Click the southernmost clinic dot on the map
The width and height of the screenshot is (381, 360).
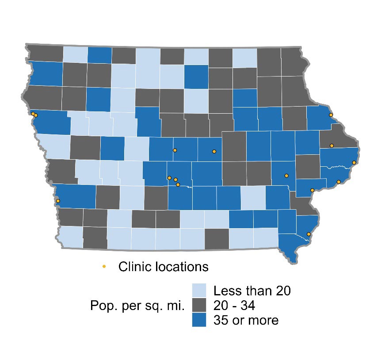tap(309, 234)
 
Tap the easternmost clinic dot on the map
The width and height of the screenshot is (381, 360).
tap(354, 163)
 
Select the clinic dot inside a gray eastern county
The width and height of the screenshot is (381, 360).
tap(331, 146)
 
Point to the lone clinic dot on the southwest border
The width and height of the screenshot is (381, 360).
tap(58, 201)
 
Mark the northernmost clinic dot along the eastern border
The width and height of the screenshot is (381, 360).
tap(331, 115)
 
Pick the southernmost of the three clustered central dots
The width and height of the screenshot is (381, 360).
tap(178, 184)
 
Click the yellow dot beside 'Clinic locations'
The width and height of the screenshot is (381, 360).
tap(104, 266)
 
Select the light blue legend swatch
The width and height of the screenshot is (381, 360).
tap(199, 290)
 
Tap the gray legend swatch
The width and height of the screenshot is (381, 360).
tap(199, 305)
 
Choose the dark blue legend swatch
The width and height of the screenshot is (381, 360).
tap(199, 319)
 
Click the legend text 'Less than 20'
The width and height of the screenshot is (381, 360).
tap(251, 291)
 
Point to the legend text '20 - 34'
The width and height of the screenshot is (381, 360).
tap(234, 305)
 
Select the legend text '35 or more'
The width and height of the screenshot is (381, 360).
tap(246, 320)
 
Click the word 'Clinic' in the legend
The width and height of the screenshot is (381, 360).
tap(135, 267)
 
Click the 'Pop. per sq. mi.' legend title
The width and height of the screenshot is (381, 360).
tap(137, 305)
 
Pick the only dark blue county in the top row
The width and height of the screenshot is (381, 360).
tap(99, 55)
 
